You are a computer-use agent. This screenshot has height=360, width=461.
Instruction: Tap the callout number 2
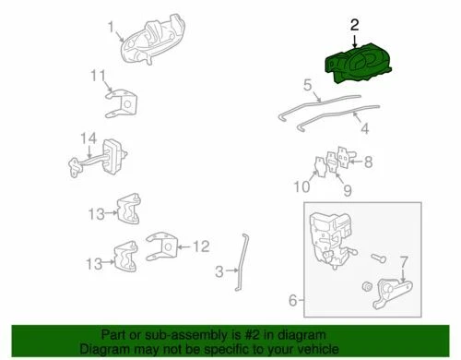[x=355, y=21]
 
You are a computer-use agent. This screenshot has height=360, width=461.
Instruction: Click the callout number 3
[x=219, y=271]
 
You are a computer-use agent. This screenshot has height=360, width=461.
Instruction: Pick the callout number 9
[x=347, y=191]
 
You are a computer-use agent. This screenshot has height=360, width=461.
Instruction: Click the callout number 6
[x=293, y=301]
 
